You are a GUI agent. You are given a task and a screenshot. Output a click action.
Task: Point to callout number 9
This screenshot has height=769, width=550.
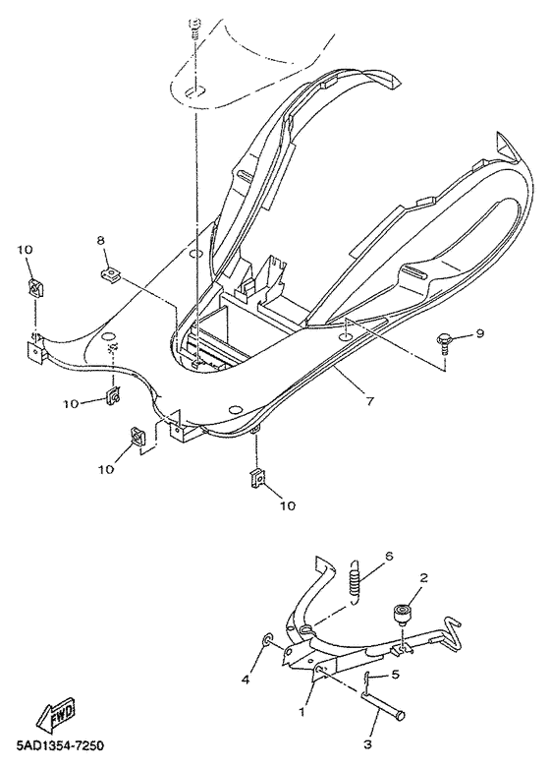[480, 334]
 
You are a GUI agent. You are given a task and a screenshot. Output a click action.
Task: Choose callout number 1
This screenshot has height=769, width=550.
[303, 708]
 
